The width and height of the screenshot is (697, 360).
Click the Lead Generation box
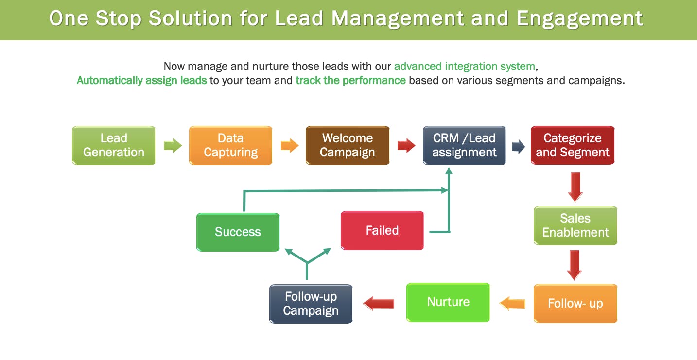(114, 145)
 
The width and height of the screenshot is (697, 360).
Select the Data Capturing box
(230, 145)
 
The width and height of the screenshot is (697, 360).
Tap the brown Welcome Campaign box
(347, 145)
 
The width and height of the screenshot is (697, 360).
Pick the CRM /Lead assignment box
(464, 145)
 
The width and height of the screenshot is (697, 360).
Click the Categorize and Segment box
(573, 145)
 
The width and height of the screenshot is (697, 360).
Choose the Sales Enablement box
(575, 225)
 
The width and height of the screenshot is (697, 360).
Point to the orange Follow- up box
(575, 304)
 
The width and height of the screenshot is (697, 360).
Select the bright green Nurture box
(448, 302)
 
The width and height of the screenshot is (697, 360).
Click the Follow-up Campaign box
(311, 304)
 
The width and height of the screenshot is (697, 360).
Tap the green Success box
(238, 232)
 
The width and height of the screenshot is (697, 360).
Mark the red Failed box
(382, 230)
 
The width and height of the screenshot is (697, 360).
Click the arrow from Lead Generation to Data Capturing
(173, 145)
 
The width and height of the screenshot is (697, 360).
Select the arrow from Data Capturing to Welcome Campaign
(290, 145)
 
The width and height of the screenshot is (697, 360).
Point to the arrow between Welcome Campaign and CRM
(406, 145)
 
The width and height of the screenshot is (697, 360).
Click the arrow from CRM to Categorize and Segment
(519, 146)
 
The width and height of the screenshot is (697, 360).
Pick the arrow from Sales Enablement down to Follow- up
(575, 265)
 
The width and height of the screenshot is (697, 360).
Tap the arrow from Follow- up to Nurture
(512, 303)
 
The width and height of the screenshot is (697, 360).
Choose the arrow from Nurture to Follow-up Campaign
(379, 303)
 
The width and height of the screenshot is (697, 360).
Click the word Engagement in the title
(579, 19)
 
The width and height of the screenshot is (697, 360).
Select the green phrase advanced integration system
(464, 66)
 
